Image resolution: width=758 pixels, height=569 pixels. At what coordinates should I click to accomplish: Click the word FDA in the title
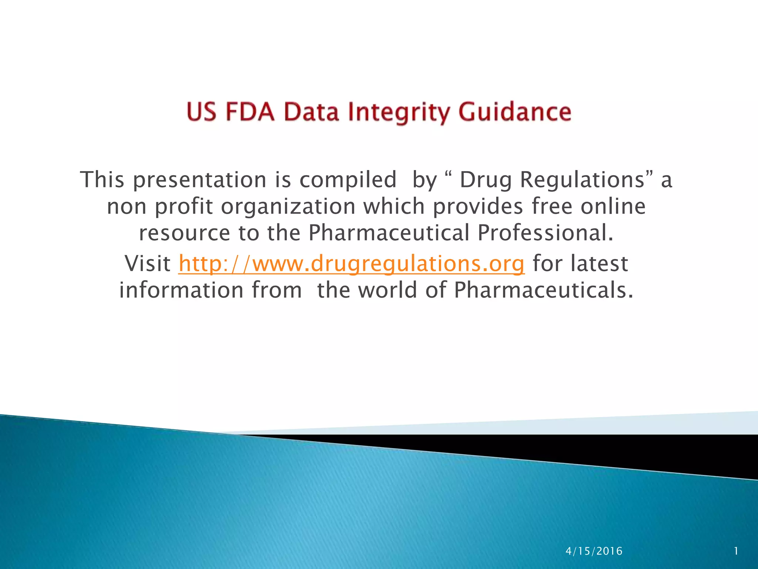[x=250, y=112]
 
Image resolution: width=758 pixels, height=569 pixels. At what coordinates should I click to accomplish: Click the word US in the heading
[x=202, y=112]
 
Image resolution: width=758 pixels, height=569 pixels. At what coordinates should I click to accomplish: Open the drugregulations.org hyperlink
[x=351, y=264]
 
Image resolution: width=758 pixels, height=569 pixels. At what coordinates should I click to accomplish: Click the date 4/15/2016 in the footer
[x=594, y=551]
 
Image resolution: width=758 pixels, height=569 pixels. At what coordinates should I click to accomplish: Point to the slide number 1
[x=736, y=551]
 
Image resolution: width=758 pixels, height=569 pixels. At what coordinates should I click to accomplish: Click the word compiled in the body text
[x=348, y=180]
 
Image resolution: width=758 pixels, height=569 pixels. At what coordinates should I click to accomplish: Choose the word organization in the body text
[x=288, y=207]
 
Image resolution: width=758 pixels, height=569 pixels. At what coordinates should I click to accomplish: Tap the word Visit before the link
[x=147, y=264]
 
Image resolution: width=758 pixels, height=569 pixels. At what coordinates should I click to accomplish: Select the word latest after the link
[x=599, y=264]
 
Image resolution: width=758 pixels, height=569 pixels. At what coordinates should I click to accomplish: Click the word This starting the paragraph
[x=102, y=180]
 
